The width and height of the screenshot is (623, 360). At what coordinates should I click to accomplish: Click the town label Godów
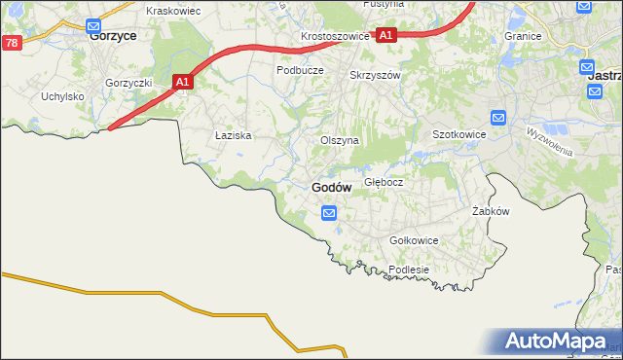[332, 187]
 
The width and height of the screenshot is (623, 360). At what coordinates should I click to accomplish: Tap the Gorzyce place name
[112, 34]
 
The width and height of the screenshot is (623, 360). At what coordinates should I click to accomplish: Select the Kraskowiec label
[172, 10]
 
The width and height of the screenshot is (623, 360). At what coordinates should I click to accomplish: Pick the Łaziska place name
[234, 136]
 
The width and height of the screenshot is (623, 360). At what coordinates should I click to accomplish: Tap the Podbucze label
[299, 70]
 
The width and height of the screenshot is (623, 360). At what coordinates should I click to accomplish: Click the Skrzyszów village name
[375, 74]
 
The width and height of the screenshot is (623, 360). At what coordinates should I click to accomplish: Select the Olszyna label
[340, 140]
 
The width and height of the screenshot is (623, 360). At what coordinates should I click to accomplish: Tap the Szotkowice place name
[458, 134]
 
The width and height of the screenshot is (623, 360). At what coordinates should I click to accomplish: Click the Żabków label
[491, 211]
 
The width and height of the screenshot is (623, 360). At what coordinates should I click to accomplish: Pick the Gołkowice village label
[414, 240]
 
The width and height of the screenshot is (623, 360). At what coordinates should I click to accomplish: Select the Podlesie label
[408, 270]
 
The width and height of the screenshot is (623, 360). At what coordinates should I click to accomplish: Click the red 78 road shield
[11, 43]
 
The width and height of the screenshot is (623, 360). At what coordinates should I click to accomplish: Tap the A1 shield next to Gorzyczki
[182, 84]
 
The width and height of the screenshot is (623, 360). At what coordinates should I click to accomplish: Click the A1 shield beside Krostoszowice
[385, 35]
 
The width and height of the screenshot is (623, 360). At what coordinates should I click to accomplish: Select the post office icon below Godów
[330, 212]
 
